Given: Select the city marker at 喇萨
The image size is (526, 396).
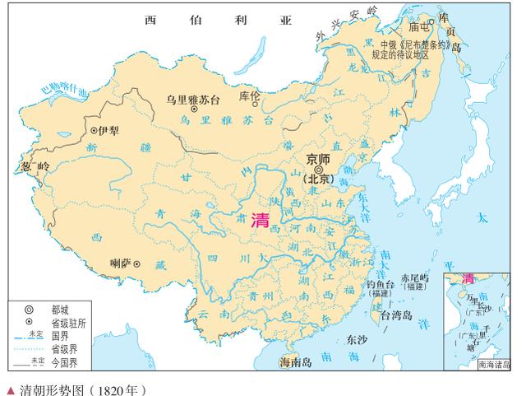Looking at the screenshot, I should pyautogui.click(x=137, y=264).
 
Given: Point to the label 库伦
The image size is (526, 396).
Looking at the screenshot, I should pyautogui.click(x=248, y=97).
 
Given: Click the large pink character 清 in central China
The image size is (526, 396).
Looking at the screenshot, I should pyautogui.click(x=261, y=220).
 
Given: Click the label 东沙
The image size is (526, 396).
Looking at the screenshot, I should pyautogui.click(x=357, y=338).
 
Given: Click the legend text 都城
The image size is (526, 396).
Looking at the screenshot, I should pyautogui.click(x=59, y=308).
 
